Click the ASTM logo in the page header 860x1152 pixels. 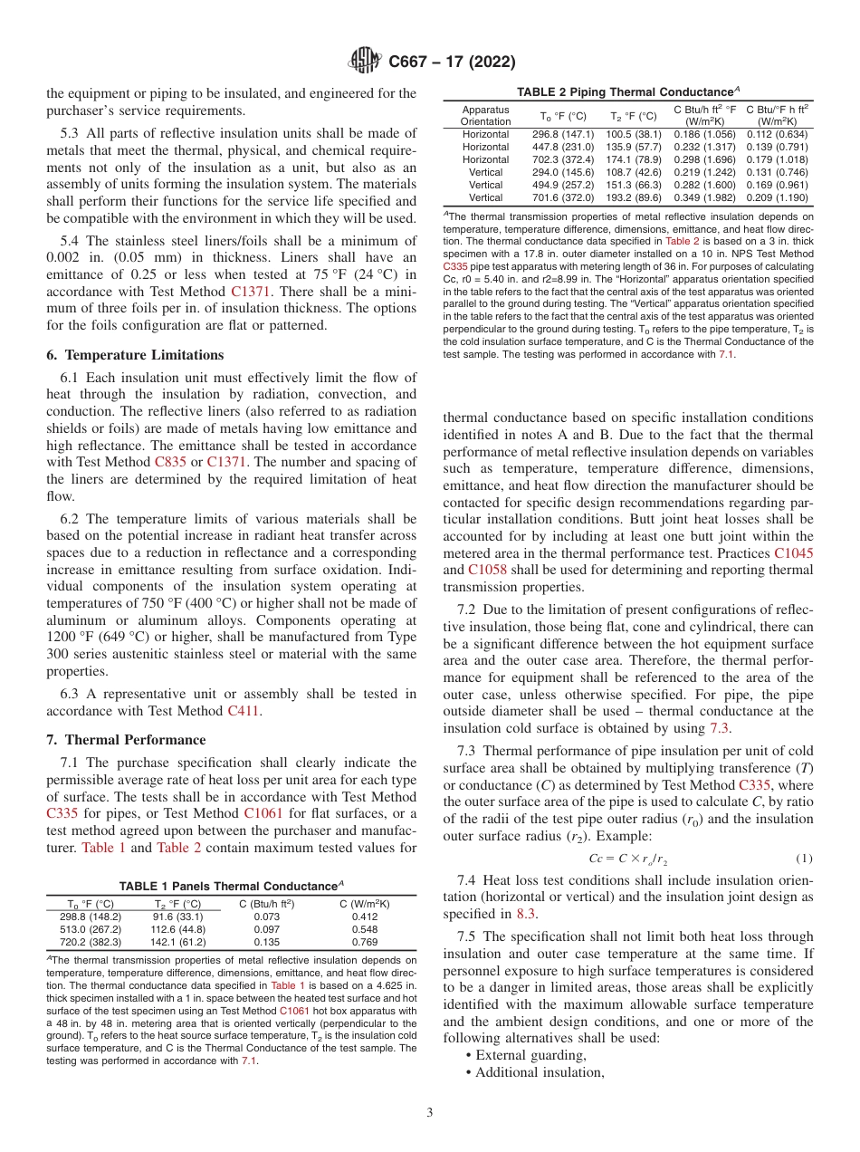click(365, 62)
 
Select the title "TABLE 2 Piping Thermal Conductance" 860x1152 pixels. click(626, 92)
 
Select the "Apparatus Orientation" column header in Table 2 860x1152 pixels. click(485, 115)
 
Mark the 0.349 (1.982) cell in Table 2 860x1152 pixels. click(705, 197)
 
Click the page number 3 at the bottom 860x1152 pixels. click(430, 1111)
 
